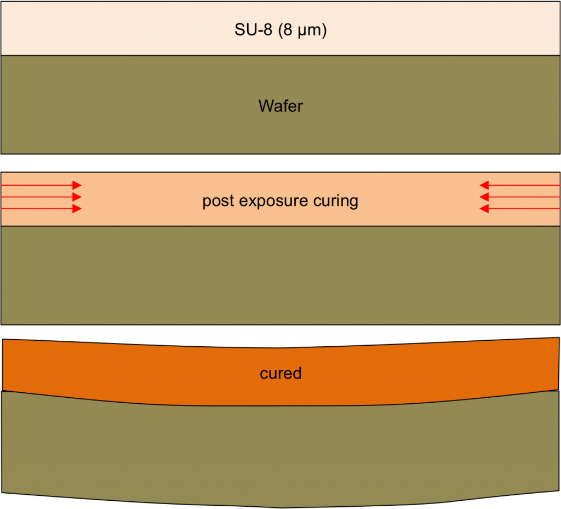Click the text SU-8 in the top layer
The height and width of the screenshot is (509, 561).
253,30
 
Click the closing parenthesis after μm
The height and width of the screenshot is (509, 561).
324,30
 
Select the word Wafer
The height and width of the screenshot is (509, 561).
280,106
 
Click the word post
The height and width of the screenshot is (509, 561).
218,202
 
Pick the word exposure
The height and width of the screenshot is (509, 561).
273,202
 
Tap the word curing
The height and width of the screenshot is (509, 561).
336,202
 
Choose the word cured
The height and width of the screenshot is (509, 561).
280,374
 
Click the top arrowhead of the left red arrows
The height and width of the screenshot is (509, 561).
77,185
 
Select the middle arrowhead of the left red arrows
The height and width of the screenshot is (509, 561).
77,197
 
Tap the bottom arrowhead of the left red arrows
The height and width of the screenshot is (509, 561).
77,209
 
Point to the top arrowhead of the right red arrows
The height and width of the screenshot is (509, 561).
484,185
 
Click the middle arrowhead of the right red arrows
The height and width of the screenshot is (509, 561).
484,197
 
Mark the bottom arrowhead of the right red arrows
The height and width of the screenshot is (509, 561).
484,209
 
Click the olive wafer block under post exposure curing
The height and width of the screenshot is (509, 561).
280,276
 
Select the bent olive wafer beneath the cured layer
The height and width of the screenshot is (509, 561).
280,454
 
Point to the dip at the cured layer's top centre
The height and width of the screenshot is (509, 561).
280,348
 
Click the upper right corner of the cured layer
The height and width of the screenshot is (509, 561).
559,338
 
